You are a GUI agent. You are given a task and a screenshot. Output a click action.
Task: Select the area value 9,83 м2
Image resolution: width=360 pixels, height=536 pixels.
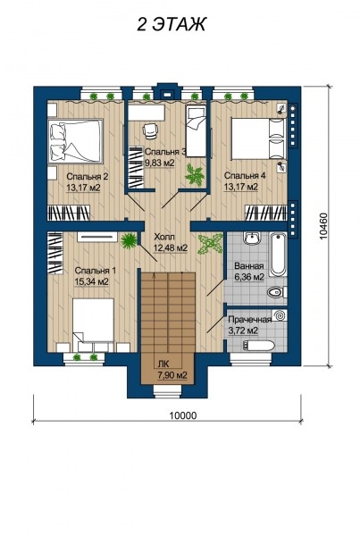(x=162, y=163)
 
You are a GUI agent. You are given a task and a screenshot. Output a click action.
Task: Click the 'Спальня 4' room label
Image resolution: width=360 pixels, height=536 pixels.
(x=241, y=175)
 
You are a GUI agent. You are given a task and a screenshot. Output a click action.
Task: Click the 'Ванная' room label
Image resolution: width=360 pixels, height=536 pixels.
(x=248, y=266)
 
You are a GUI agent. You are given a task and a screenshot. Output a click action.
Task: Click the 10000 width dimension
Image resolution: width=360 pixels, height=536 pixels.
(x=182, y=415)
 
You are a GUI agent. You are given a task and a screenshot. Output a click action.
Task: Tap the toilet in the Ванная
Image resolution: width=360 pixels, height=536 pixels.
(x=276, y=292)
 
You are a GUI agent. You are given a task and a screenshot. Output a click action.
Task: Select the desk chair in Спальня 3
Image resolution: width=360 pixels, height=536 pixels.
(x=151, y=131)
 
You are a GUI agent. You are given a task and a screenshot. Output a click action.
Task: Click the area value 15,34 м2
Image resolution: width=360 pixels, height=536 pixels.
(x=92, y=281)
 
